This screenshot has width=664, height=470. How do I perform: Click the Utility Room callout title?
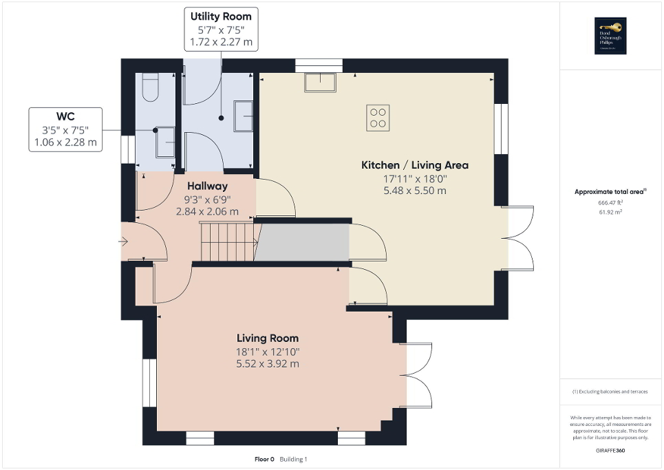pyautogui.click(x=221, y=17)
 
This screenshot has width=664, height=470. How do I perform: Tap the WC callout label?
pyautogui.click(x=66, y=116)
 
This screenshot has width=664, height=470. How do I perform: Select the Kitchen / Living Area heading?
pyautogui.click(x=414, y=165)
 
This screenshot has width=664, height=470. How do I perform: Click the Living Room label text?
pyautogui.click(x=268, y=338)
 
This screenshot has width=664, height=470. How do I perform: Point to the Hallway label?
pyautogui.click(x=207, y=186)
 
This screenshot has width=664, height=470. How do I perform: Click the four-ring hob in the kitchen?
pyautogui.click(x=378, y=118)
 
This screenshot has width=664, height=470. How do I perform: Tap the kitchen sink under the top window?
pyautogui.click(x=321, y=82)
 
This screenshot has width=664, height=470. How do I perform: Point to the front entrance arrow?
pyautogui.click(x=124, y=241)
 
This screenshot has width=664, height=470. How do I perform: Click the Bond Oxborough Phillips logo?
pyautogui.click(x=611, y=36)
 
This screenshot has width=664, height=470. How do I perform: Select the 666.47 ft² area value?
pyautogui.click(x=610, y=204)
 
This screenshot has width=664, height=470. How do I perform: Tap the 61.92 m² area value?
pyautogui.click(x=610, y=212)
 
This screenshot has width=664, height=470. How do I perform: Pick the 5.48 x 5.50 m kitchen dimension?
pyautogui.click(x=414, y=191)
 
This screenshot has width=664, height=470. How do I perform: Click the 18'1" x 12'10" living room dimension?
pyautogui.click(x=268, y=352)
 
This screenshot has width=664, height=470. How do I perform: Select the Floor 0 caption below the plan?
pyautogui.click(x=264, y=459)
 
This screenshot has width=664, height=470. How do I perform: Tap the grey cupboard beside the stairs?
pyautogui.click(x=303, y=242)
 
